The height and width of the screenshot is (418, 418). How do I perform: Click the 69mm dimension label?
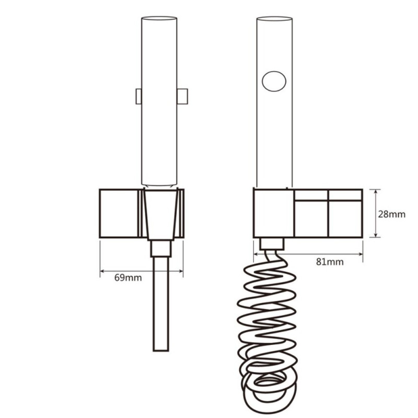click(x=128, y=278)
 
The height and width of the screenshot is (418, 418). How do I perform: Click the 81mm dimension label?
click(x=330, y=262)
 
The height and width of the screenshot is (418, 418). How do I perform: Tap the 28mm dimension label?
click(x=391, y=214)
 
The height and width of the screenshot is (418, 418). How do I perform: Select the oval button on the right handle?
click(x=274, y=82)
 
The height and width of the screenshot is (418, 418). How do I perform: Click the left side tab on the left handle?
click(x=138, y=96)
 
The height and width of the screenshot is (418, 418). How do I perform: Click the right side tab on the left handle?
click(x=182, y=96)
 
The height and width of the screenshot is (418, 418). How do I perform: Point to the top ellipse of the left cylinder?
click(x=159, y=18)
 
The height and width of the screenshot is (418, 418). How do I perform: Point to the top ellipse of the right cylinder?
click(x=274, y=19)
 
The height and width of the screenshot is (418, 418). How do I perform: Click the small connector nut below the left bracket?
click(x=161, y=249)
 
